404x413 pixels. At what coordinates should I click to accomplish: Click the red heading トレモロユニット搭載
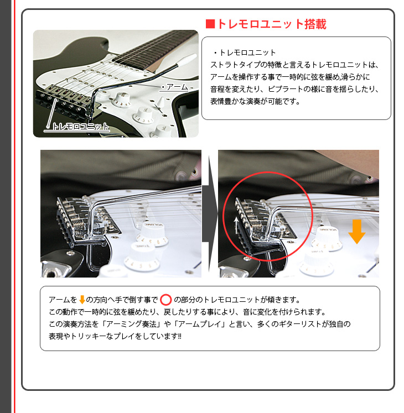tap(271, 24)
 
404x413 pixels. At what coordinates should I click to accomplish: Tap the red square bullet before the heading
tap(210, 24)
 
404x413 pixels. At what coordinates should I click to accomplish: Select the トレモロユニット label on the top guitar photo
tap(80, 127)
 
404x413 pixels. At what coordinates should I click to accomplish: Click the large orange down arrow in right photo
tap(357, 231)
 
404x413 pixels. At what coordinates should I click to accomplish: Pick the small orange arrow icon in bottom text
tap(82, 300)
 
